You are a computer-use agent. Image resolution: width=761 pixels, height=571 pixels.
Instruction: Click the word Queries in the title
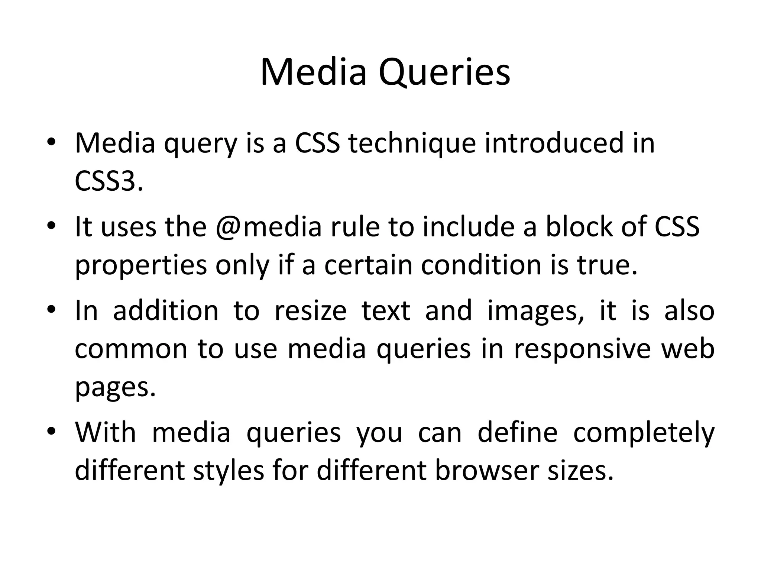[x=444, y=72]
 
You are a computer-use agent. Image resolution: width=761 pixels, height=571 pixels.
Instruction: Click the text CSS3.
[x=109, y=181]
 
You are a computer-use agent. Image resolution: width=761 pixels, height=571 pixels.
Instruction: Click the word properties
[x=141, y=266]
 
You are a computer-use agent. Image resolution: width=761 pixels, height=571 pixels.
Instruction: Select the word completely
[x=644, y=433]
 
